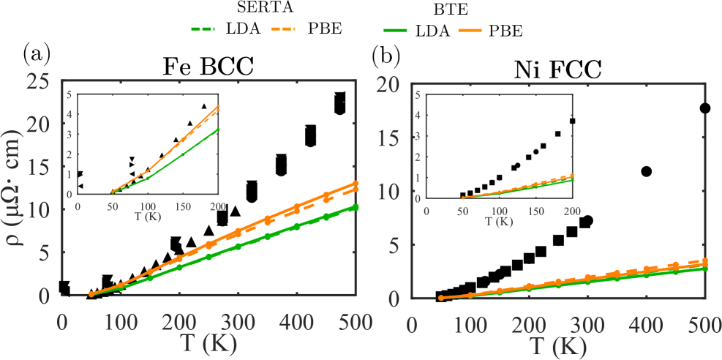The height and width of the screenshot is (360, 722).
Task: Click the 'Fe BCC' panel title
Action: [208, 67]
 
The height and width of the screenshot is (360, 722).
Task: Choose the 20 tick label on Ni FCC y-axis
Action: [394, 86]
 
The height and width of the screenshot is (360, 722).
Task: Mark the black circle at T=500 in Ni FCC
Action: [705, 108]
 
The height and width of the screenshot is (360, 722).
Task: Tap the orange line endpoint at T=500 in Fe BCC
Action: [356, 183]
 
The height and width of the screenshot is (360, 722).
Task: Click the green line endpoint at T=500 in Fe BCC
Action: [356, 207]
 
